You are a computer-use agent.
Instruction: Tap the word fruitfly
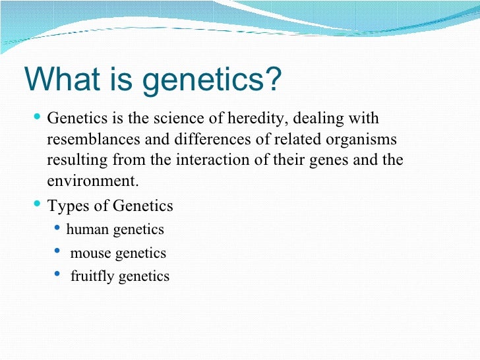click(x=92, y=276)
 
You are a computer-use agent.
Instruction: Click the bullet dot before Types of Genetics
click(x=37, y=204)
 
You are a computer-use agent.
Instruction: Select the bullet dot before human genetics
click(x=58, y=229)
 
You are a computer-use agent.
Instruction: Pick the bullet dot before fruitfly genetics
click(x=58, y=274)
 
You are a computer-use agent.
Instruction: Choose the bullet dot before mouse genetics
click(x=58, y=251)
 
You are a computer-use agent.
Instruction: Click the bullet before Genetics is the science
click(x=37, y=117)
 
